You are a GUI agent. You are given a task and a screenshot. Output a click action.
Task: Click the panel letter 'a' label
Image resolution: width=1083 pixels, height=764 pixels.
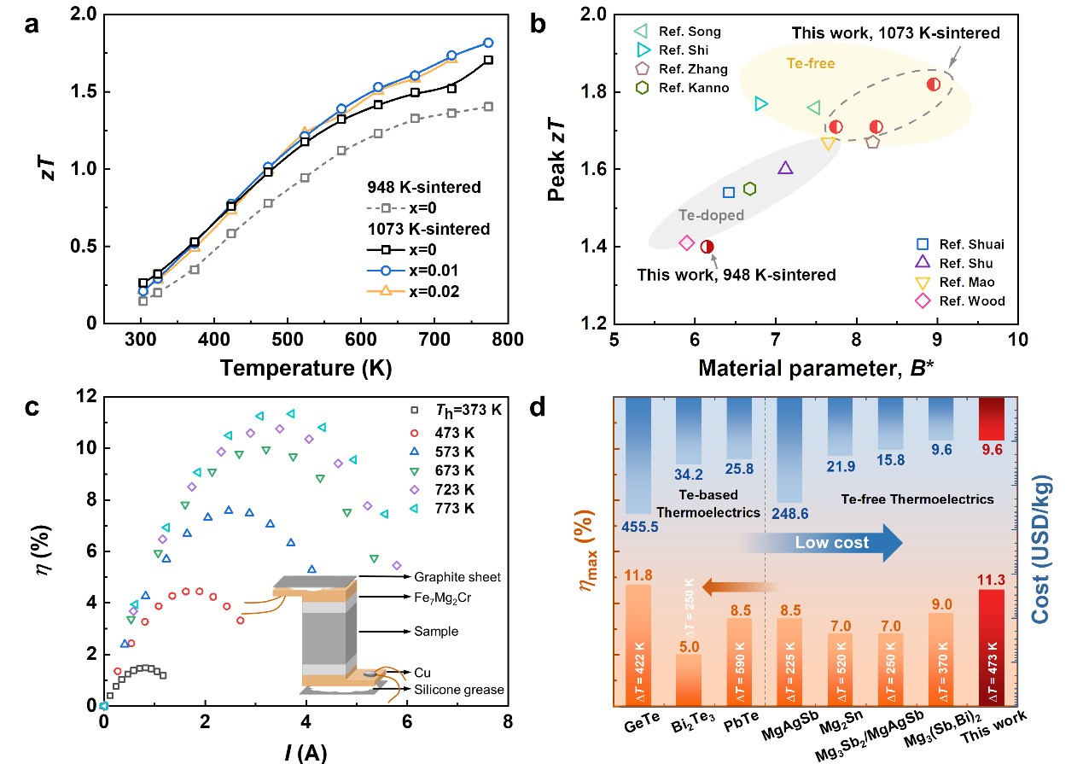coord(32,24)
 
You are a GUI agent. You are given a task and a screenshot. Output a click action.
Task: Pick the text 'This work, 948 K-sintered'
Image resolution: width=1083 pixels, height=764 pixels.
coord(737,275)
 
